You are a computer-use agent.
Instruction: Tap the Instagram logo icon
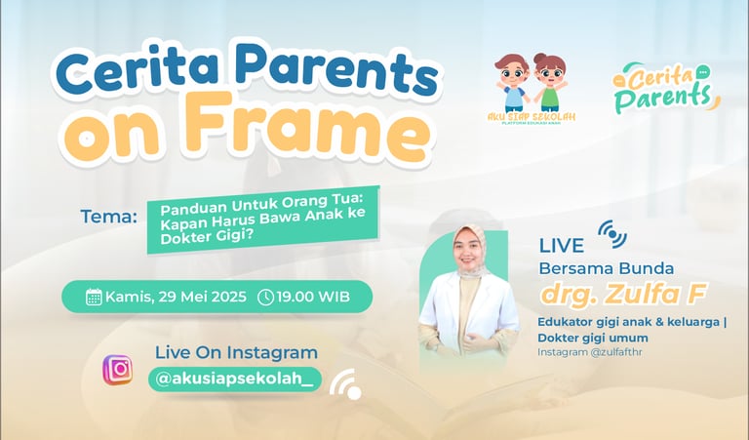tap(117, 370)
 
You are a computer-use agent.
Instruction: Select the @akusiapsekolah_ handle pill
tap(234, 379)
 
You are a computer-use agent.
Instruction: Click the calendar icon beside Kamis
tap(94, 297)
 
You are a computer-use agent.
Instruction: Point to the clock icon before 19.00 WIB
tap(265, 297)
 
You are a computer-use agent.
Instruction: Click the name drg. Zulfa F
tap(623, 293)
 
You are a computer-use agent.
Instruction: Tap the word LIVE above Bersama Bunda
tap(562, 245)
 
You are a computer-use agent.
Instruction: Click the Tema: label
tap(109, 217)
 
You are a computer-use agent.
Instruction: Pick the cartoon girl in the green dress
tap(550, 82)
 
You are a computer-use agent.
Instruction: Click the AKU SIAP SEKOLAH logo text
tap(532, 116)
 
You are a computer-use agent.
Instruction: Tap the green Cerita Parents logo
tap(666, 88)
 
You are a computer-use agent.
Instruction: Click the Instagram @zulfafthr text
tap(590, 352)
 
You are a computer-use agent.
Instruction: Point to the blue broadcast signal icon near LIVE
tap(612, 234)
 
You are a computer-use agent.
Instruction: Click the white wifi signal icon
tap(346, 384)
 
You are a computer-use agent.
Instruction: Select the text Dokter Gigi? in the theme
tap(207, 237)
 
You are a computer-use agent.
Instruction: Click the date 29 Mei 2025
tap(203, 297)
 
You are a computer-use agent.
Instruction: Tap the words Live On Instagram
tap(236, 352)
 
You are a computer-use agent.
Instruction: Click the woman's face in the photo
tap(468, 252)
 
